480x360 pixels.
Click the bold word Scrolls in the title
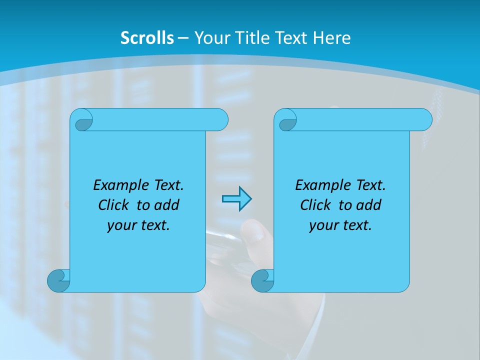point(147,37)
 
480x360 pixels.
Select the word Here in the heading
point(332,37)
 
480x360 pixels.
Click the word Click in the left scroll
point(114,205)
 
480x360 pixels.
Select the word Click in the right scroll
point(315,205)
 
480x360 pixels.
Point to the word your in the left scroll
point(120,226)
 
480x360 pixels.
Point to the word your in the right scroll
point(322,226)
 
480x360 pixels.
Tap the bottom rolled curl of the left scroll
point(58,281)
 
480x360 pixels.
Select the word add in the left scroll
point(167,205)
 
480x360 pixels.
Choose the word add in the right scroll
point(369,205)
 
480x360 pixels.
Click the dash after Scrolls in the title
point(183,37)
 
